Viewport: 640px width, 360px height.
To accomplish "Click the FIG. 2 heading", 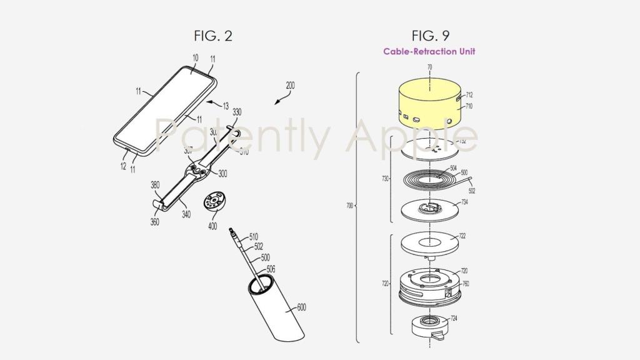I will coord(212,36).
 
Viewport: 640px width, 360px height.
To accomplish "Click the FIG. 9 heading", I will coord(429,36).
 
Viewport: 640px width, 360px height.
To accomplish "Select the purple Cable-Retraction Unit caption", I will coord(429,52).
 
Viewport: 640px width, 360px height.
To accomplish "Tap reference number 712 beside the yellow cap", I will coord(469,95).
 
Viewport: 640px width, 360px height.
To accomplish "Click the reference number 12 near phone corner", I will coord(123,166).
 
